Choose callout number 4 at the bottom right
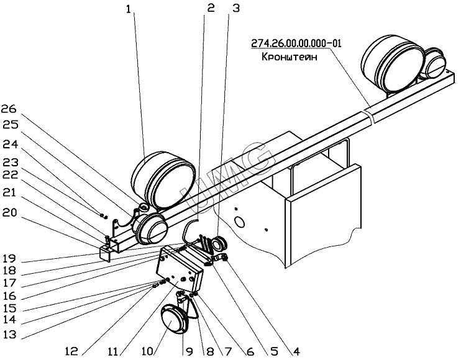tap(298, 352)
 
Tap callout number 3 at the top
tap(235, 9)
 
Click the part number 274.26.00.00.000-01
tap(297, 43)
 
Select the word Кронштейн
tap(288, 55)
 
